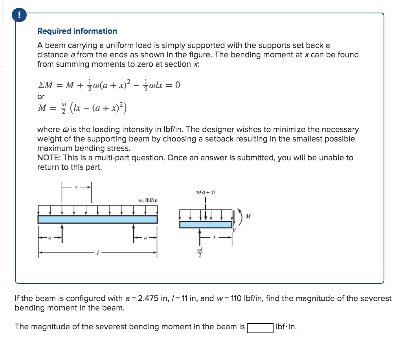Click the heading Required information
pos(77,31)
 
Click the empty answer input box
pos(260,327)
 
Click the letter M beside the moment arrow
pos(248,216)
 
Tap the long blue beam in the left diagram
pos(97,219)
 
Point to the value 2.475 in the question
pos(149,298)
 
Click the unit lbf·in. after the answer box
pos(286,327)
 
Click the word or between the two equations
pos(41,96)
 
